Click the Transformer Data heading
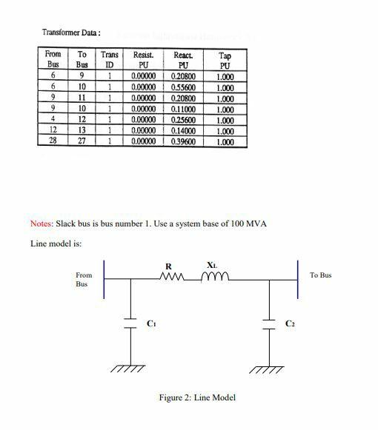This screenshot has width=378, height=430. tap(71, 33)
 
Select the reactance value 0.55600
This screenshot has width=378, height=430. tap(185, 87)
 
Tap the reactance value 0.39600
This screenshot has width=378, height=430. tap(185, 141)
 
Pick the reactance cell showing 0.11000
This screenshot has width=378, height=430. tap(185, 108)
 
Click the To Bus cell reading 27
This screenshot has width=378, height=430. tap(82, 141)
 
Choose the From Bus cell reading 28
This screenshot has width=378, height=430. tap(53, 141)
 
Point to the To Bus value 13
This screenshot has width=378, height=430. tap(82, 130)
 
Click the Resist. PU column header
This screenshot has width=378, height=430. tap(143, 60)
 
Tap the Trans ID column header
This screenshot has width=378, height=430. tap(109, 60)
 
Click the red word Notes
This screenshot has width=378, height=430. tap(41, 224)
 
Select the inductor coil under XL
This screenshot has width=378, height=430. tap(213, 278)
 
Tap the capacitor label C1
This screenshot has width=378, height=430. tap(152, 323)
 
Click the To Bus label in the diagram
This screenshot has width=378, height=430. tap(320, 275)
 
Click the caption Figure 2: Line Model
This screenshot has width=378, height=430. tap(197, 397)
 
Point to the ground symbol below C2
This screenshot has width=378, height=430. tap(267, 367)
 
